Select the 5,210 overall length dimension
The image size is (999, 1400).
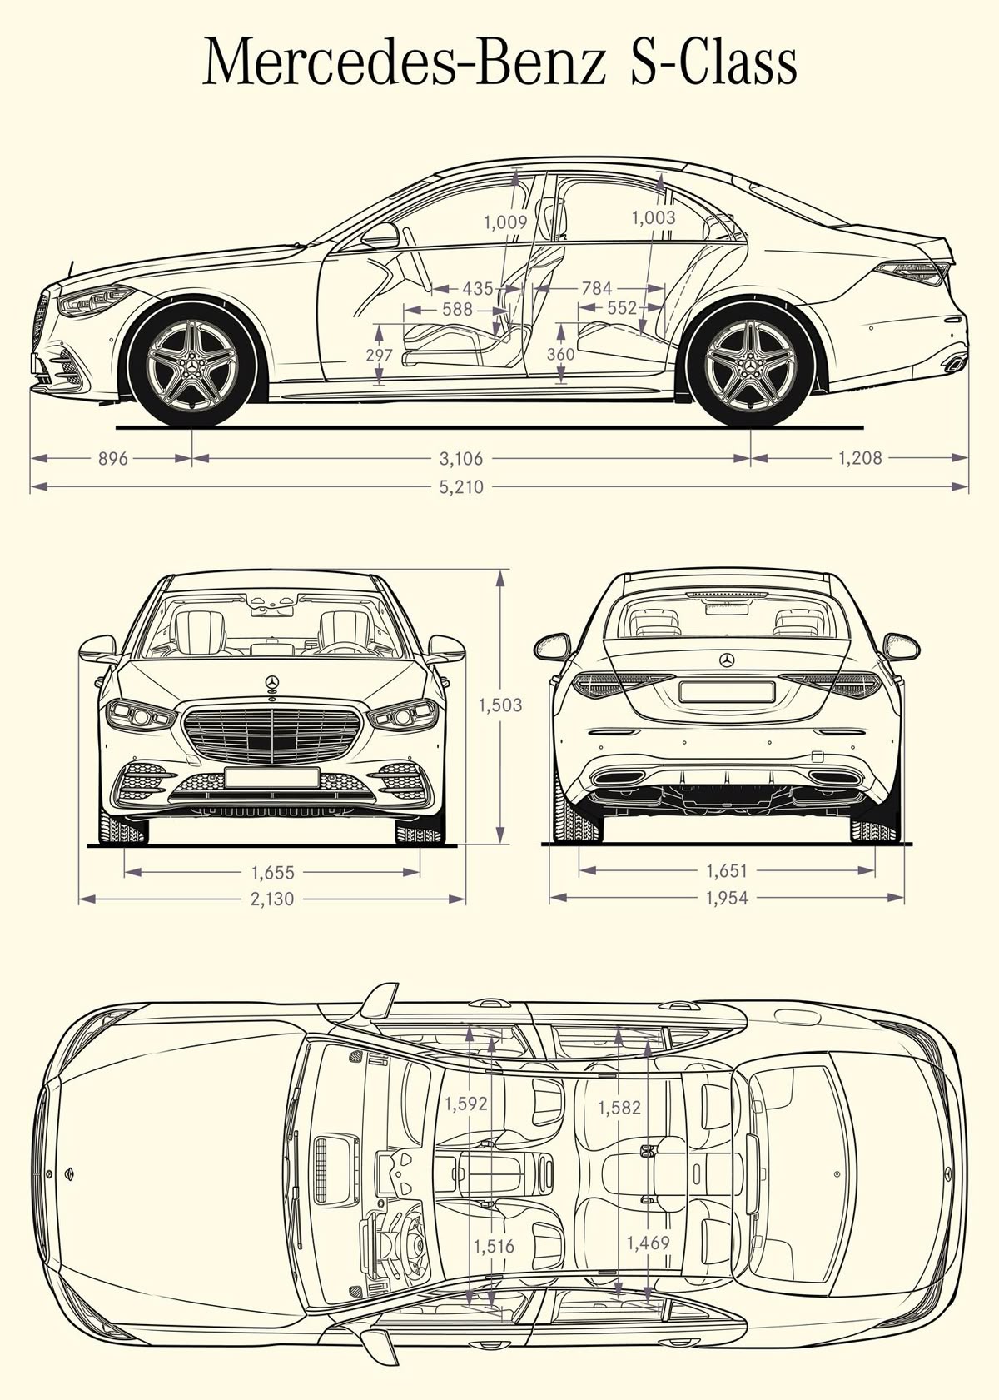pyautogui.click(x=461, y=486)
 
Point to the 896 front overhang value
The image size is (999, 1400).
pyautogui.click(x=112, y=458)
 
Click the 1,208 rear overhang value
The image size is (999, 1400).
pyautogui.click(x=860, y=457)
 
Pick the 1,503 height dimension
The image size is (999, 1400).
pyautogui.click(x=499, y=705)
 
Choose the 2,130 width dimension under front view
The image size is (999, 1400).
pyautogui.click(x=273, y=899)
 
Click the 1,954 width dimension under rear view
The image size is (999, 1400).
pyautogui.click(x=727, y=898)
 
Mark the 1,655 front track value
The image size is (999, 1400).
pyautogui.click(x=273, y=873)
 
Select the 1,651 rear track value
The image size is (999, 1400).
pyautogui.click(x=727, y=871)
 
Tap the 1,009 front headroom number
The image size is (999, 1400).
pyautogui.click(x=506, y=222)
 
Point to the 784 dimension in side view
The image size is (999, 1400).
pyautogui.click(x=597, y=288)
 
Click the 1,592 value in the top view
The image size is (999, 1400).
pyautogui.click(x=465, y=1104)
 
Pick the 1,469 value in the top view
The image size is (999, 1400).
pyautogui.click(x=648, y=1243)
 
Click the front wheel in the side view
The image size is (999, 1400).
pyautogui.click(x=193, y=366)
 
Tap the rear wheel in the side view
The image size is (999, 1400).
pyautogui.click(x=752, y=366)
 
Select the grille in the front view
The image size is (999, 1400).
pyautogui.click(x=271, y=733)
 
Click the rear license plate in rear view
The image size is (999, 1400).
pyautogui.click(x=727, y=690)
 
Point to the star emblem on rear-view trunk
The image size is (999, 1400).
pyautogui.click(x=727, y=660)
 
